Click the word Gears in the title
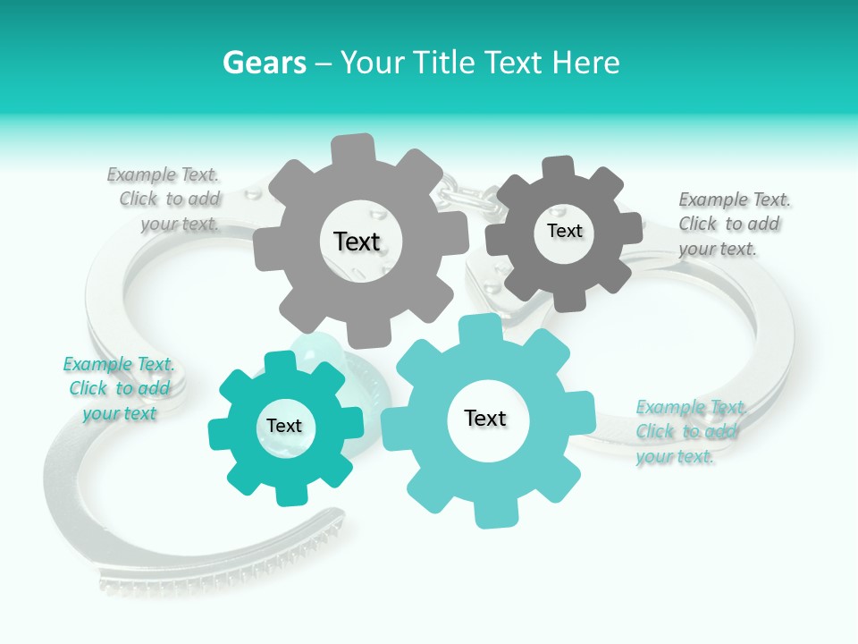pyautogui.click(x=264, y=63)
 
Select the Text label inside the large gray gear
pyautogui.click(x=357, y=241)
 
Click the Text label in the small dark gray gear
pyautogui.click(x=564, y=231)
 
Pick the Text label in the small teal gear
pyautogui.click(x=284, y=426)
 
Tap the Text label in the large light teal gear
pyautogui.click(x=485, y=418)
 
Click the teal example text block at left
pyautogui.click(x=119, y=388)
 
